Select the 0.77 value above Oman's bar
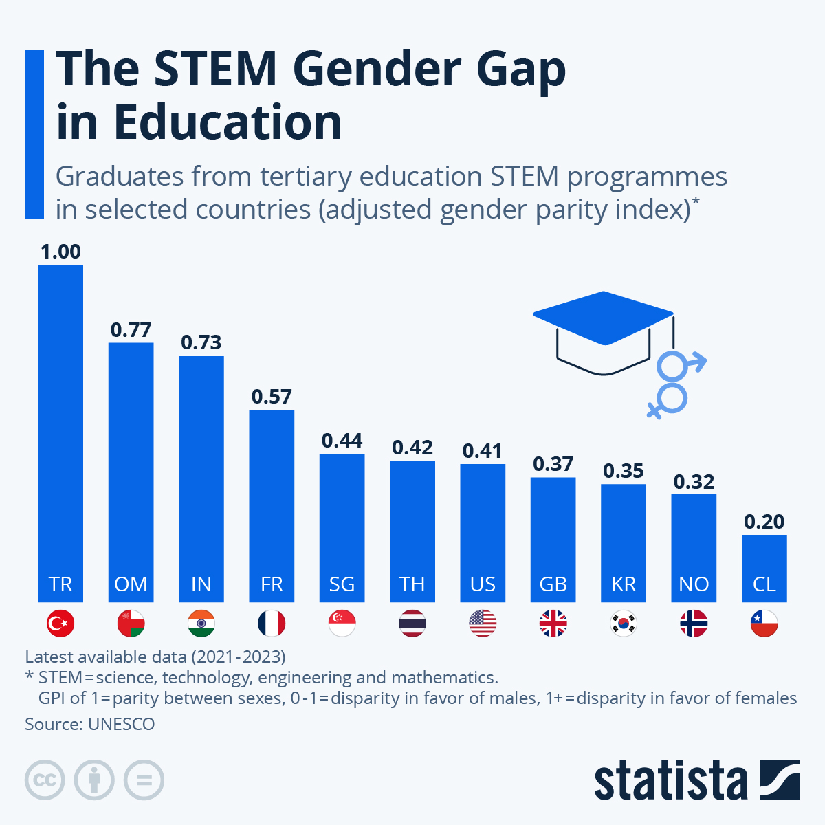[131, 330]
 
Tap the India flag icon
[201, 624]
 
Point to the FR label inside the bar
[272, 584]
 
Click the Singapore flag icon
[342, 624]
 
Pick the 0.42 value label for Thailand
[412, 448]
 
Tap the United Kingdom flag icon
[553, 624]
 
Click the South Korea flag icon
[624, 624]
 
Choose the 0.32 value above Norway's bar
[694, 482]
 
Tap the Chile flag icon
[764, 624]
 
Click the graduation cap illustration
[602, 330]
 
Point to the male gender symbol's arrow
[697, 360]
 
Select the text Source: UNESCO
[90, 724]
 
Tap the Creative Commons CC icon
[45, 780]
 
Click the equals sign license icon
[144, 780]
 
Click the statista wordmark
[670, 780]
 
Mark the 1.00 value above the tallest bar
[60, 252]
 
